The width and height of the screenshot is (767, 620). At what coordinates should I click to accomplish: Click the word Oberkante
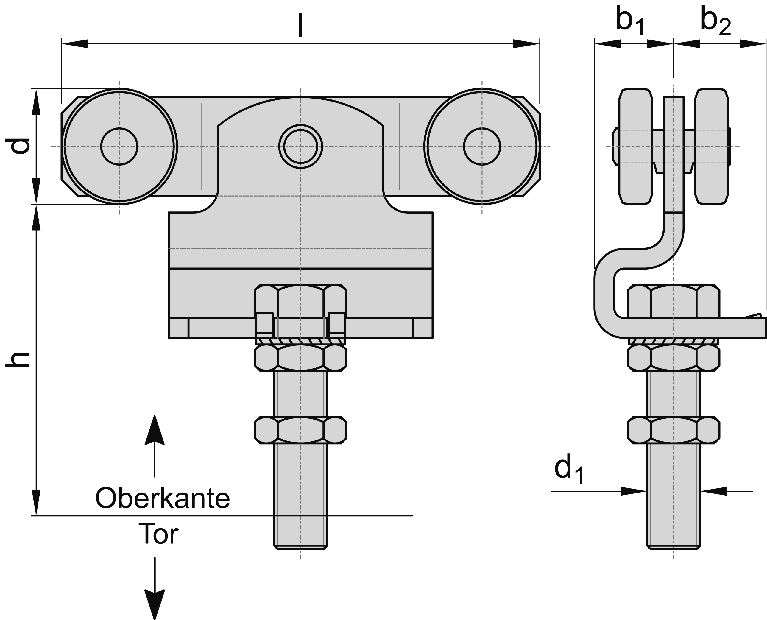coord(163,499)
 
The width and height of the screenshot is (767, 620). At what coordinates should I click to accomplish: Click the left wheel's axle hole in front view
coord(119,147)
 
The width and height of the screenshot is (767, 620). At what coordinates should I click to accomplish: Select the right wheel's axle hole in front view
coord(482,147)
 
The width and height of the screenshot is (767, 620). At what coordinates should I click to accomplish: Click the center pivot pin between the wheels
coord(301,147)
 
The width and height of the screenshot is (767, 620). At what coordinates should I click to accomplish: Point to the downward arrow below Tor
coord(154,596)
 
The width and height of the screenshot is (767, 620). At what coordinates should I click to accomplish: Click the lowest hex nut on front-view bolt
coord(300,430)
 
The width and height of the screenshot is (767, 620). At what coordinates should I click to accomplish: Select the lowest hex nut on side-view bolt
coord(674,430)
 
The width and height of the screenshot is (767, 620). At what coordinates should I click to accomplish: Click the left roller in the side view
coord(636,147)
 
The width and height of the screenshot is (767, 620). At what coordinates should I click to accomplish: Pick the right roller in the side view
coord(711,147)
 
